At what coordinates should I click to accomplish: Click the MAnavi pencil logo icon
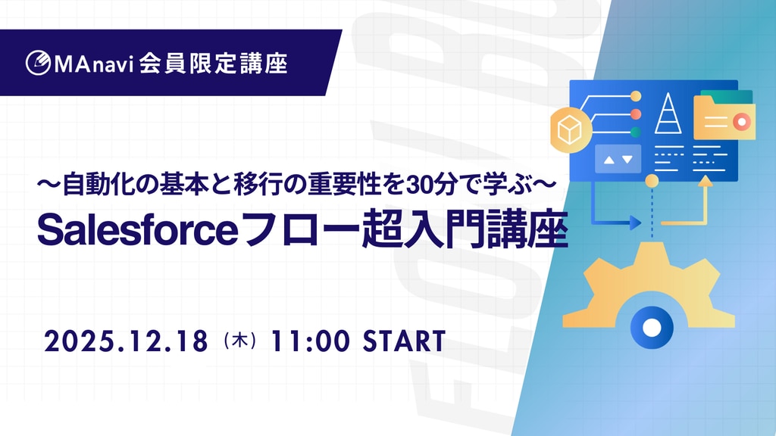pos(38,63)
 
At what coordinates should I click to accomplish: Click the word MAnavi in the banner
pos(94,64)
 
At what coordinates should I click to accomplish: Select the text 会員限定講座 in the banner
pos(213,64)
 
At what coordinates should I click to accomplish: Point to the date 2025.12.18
pos(127,341)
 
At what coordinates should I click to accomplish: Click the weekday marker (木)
pos(240,341)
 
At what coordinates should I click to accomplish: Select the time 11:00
pos(310,341)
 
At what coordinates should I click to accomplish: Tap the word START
pos(405,341)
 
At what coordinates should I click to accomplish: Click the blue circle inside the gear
pos(651,327)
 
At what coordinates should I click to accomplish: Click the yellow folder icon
pos(724,117)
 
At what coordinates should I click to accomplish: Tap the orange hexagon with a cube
pos(571,129)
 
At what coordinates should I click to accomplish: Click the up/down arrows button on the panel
pos(618,159)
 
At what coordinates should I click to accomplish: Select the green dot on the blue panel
pos(636,132)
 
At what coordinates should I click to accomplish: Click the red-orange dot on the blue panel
pos(636,114)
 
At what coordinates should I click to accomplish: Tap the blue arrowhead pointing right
pos(635,223)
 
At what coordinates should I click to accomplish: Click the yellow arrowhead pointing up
pos(706,181)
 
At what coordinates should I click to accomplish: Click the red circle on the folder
pos(741,122)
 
